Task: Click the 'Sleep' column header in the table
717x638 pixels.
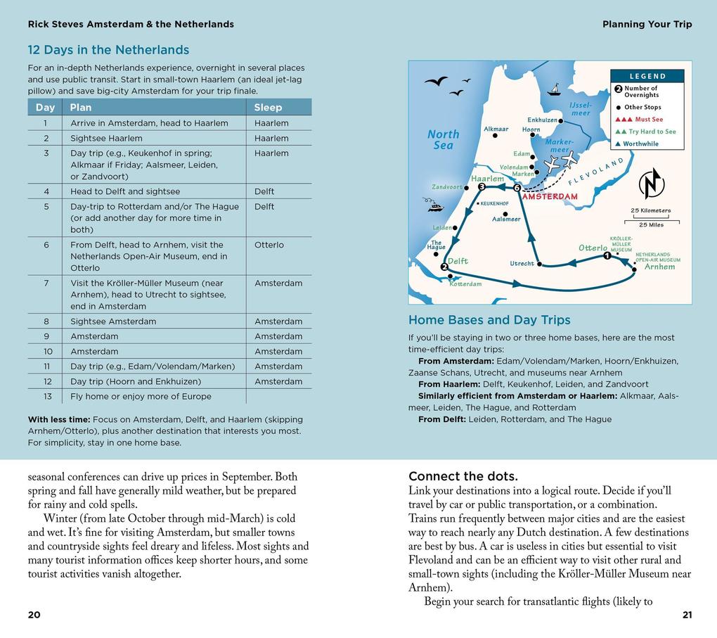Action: click(x=268, y=108)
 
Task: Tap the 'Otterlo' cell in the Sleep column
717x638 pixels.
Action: click(x=269, y=245)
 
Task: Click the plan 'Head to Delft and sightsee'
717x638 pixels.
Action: click(x=125, y=191)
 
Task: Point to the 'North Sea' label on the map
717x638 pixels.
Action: click(x=443, y=139)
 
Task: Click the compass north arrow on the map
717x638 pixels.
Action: click(x=651, y=184)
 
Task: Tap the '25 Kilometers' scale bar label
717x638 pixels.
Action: click(x=650, y=210)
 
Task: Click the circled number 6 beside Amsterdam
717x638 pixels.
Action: click(x=517, y=188)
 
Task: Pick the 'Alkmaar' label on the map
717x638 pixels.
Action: click(x=496, y=129)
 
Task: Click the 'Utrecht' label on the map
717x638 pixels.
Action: click(x=522, y=264)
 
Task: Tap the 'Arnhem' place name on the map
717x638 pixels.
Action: click(x=659, y=267)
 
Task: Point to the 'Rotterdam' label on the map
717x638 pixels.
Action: click(x=465, y=284)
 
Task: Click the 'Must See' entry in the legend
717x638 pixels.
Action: click(x=648, y=120)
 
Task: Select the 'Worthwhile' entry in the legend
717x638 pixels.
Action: click(x=640, y=143)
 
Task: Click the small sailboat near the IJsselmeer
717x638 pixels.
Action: click(x=554, y=90)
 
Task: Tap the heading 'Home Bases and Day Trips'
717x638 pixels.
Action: click(x=489, y=320)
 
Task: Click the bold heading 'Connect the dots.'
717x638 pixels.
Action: click(x=463, y=476)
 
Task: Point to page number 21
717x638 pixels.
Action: click(x=687, y=615)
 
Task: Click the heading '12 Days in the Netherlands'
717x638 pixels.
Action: click(x=108, y=50)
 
